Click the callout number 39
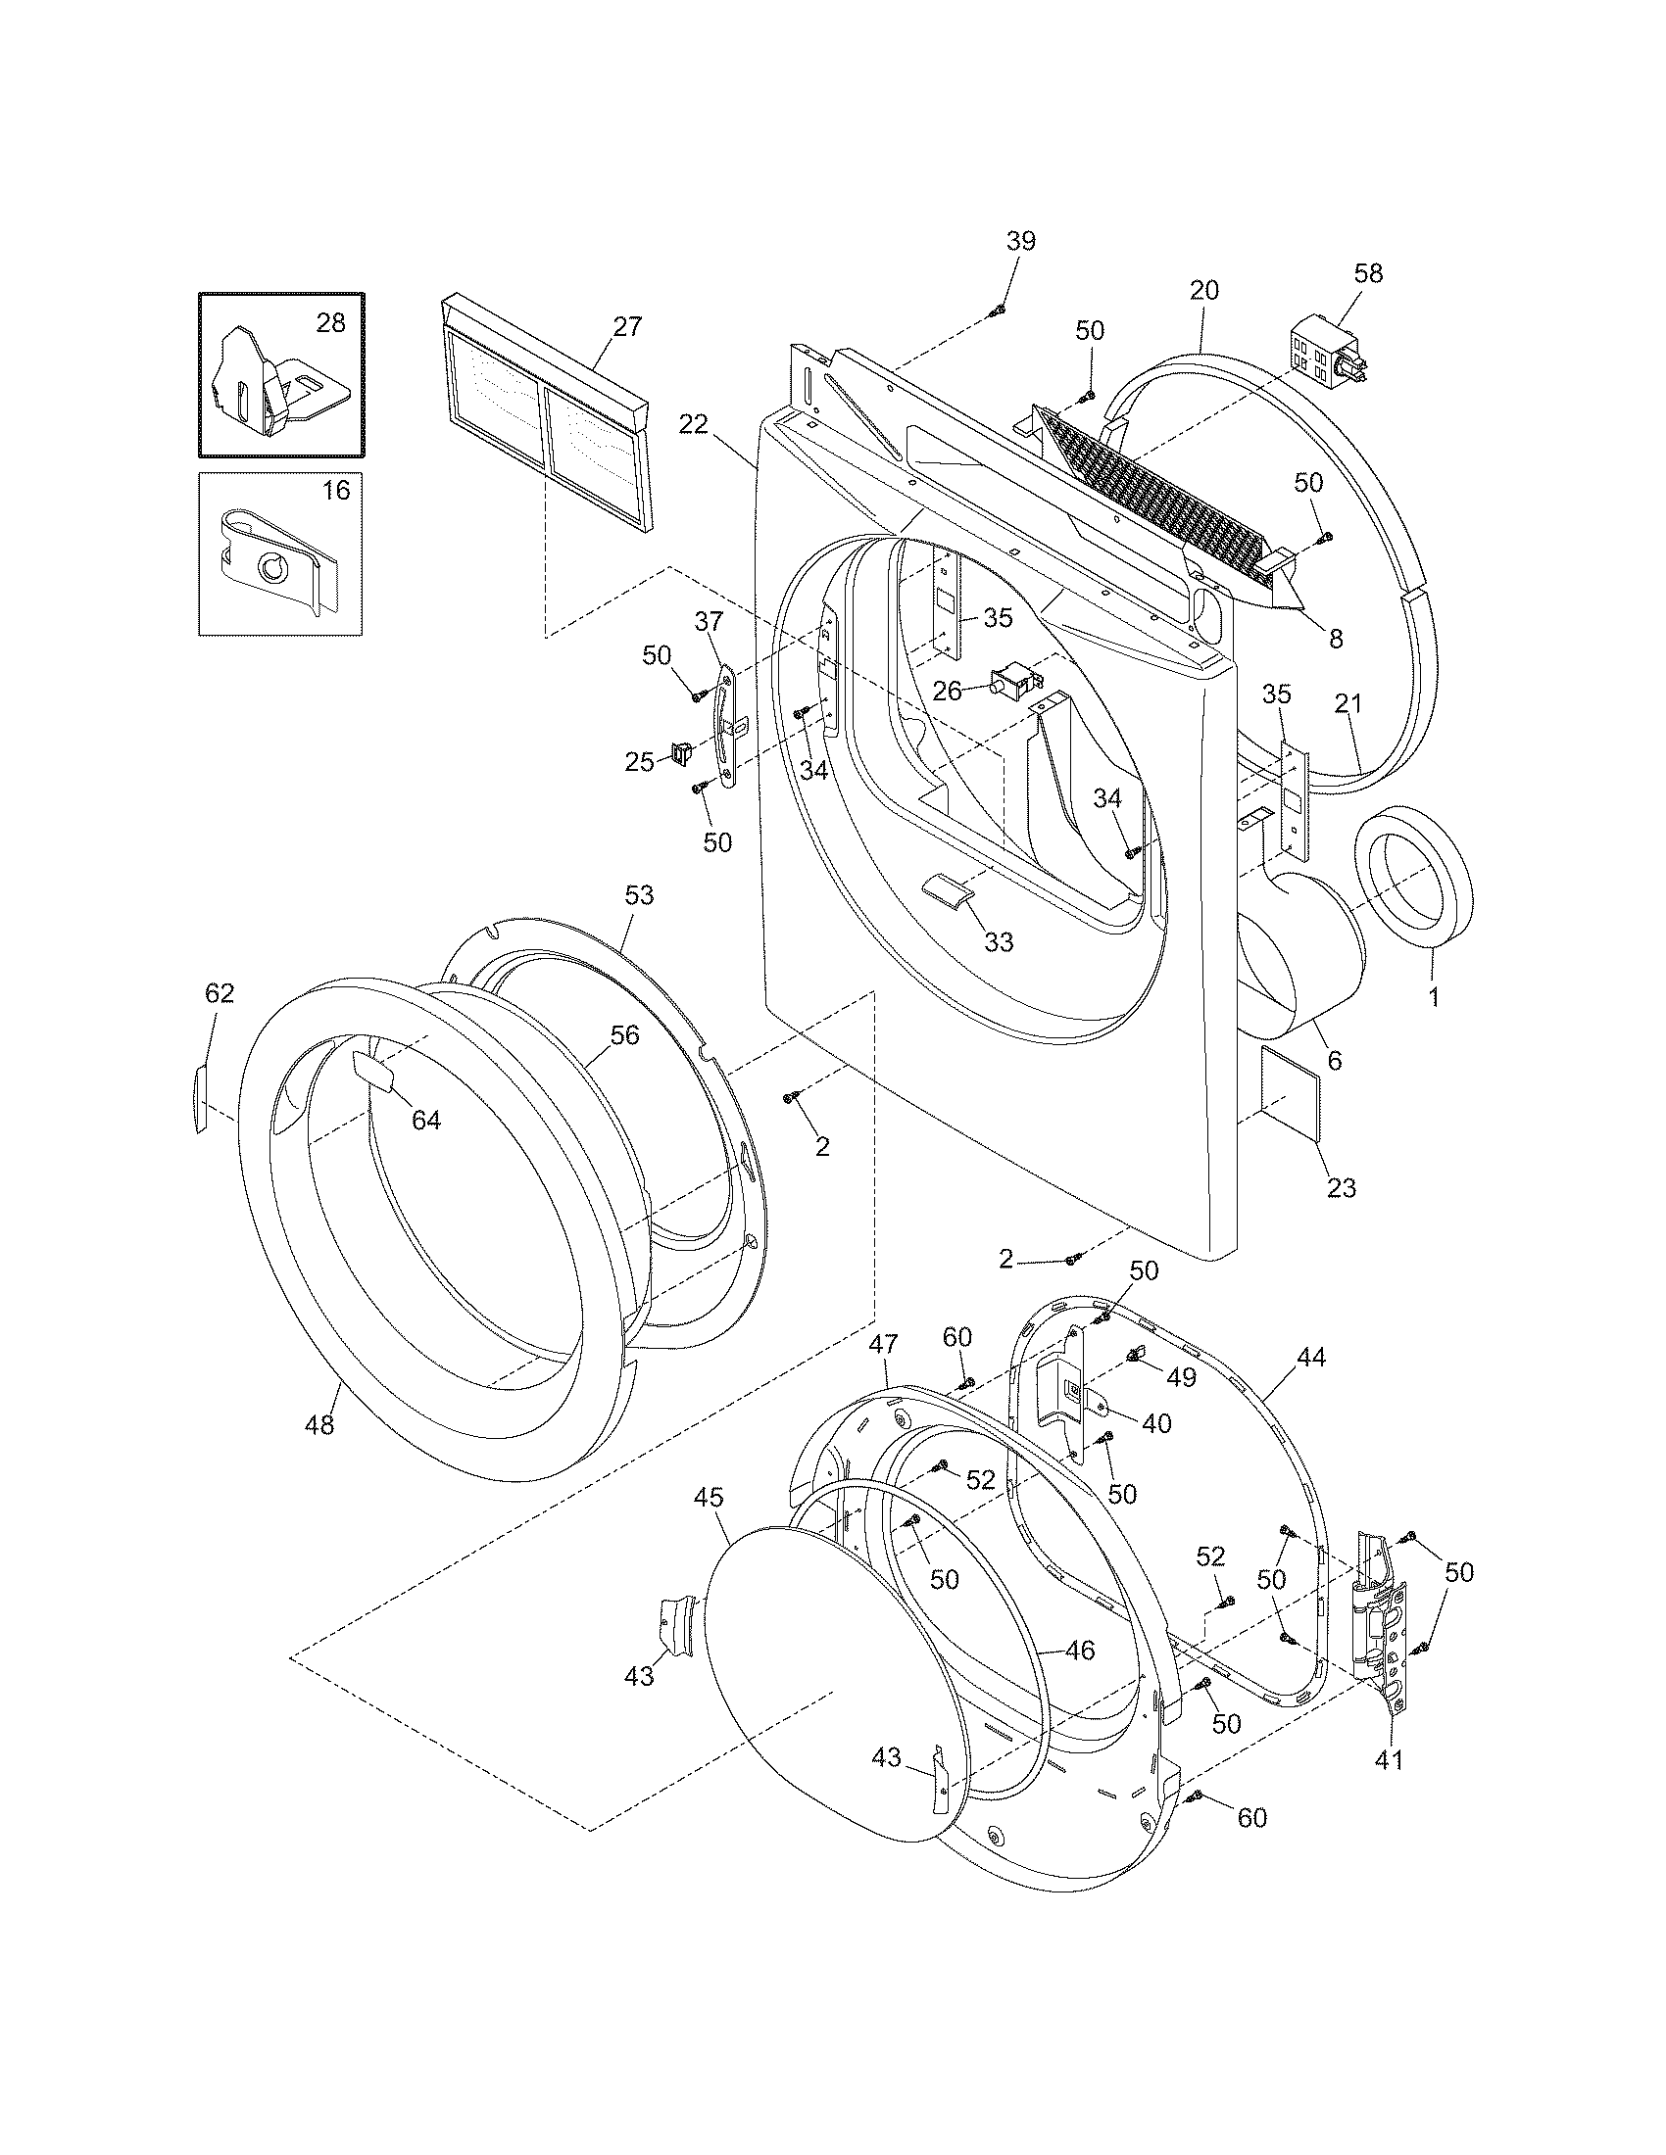pos(1021,241)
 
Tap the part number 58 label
pos(1368,273)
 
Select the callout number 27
pos(628,326)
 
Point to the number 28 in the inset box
pos(330,322)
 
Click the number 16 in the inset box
pos(335,491)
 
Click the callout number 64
pos(426,1120)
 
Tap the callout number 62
pos(220,993)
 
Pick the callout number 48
pos(319,1424)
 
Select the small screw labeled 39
pos(997,311)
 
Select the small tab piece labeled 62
pos(201,1097)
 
